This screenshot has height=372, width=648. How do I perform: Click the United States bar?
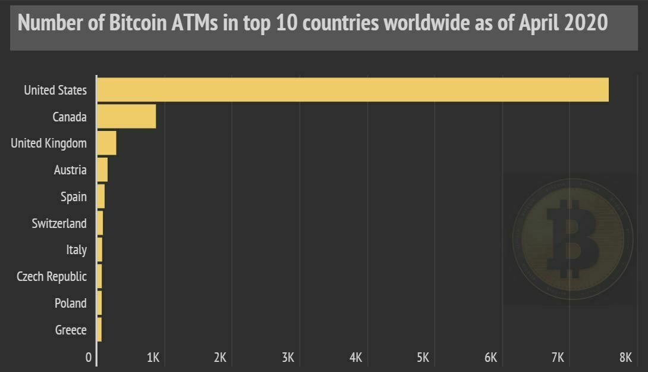point(353,90)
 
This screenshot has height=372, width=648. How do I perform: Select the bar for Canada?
point(127,117)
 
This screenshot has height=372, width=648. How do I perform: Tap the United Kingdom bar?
point(107,143)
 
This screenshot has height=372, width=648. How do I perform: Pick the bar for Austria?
point(103,170)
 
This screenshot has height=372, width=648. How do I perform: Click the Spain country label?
point(73,196)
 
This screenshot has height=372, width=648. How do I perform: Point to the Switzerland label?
point(59,223)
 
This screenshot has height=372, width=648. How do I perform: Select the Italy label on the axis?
point(76,250)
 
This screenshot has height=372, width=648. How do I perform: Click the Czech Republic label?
point(51,277)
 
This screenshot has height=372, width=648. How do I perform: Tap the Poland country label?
point(70,303)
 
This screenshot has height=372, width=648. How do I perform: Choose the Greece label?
point(71,330)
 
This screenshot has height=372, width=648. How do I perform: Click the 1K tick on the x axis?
point(153,357)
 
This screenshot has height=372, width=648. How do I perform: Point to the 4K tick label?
point(356,357)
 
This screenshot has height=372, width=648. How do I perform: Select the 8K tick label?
point(625,357)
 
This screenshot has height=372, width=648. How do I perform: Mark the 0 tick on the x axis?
point(89,357)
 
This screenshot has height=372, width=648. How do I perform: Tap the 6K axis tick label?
point(490,357)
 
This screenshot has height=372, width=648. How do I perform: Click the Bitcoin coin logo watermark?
point(572,240)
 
